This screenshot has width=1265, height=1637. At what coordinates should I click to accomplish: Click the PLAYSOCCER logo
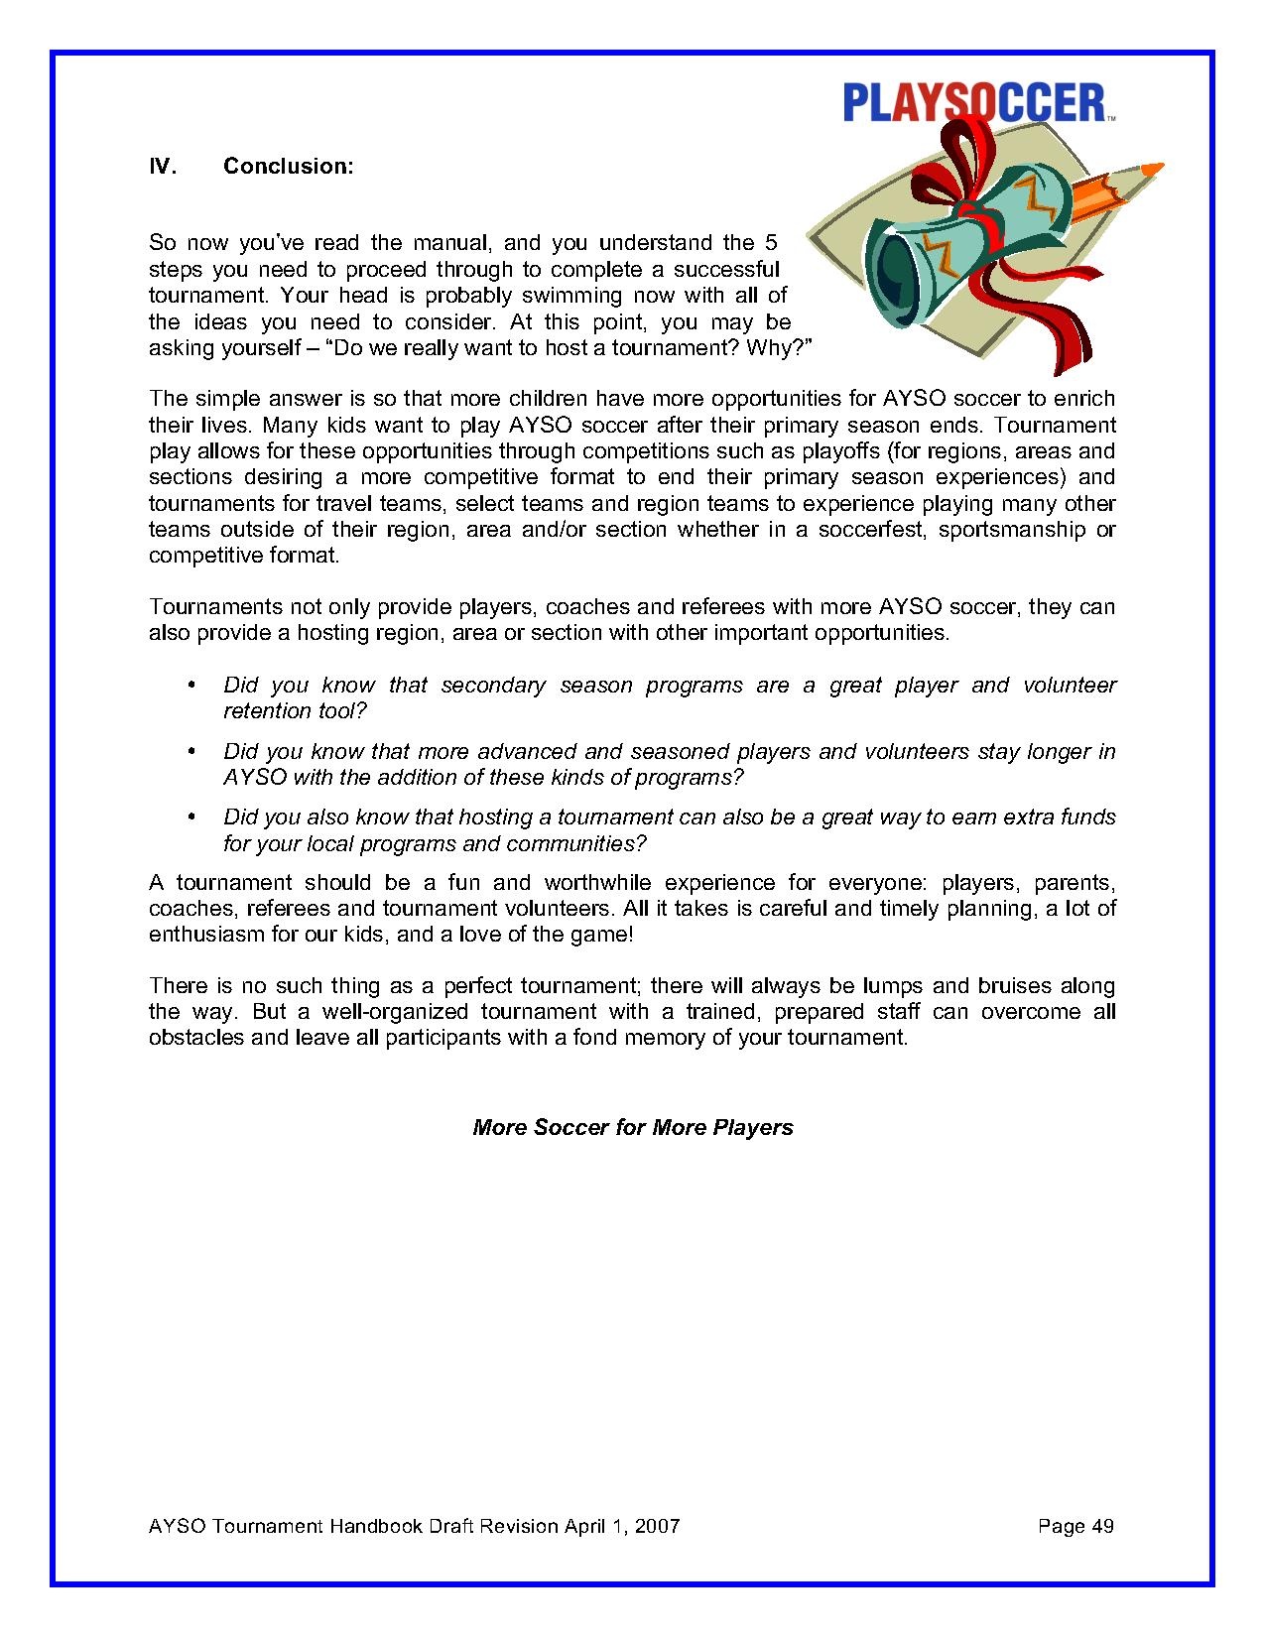(x=973, y=102)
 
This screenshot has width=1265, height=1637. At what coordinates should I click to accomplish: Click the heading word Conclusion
(x=288, y=167)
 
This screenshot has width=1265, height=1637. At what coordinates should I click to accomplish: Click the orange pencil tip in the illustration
(x=1151, y=172)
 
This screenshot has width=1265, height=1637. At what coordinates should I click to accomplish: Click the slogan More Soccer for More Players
(x=633, y=1128)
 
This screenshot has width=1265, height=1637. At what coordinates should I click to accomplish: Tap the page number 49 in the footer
(x=1101, y=1526)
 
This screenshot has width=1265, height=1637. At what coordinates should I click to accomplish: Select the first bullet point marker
(x=190, y=686)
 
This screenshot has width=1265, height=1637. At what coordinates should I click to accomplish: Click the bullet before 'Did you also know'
(x=190, y=818)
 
